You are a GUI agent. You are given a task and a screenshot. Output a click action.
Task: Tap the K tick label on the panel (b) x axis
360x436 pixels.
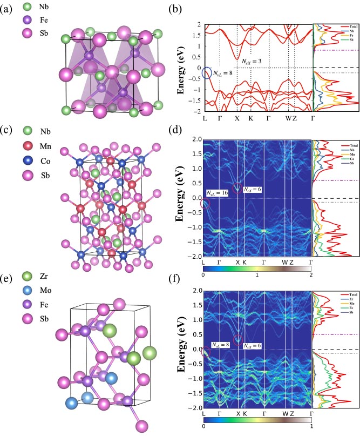click(250, 118)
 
